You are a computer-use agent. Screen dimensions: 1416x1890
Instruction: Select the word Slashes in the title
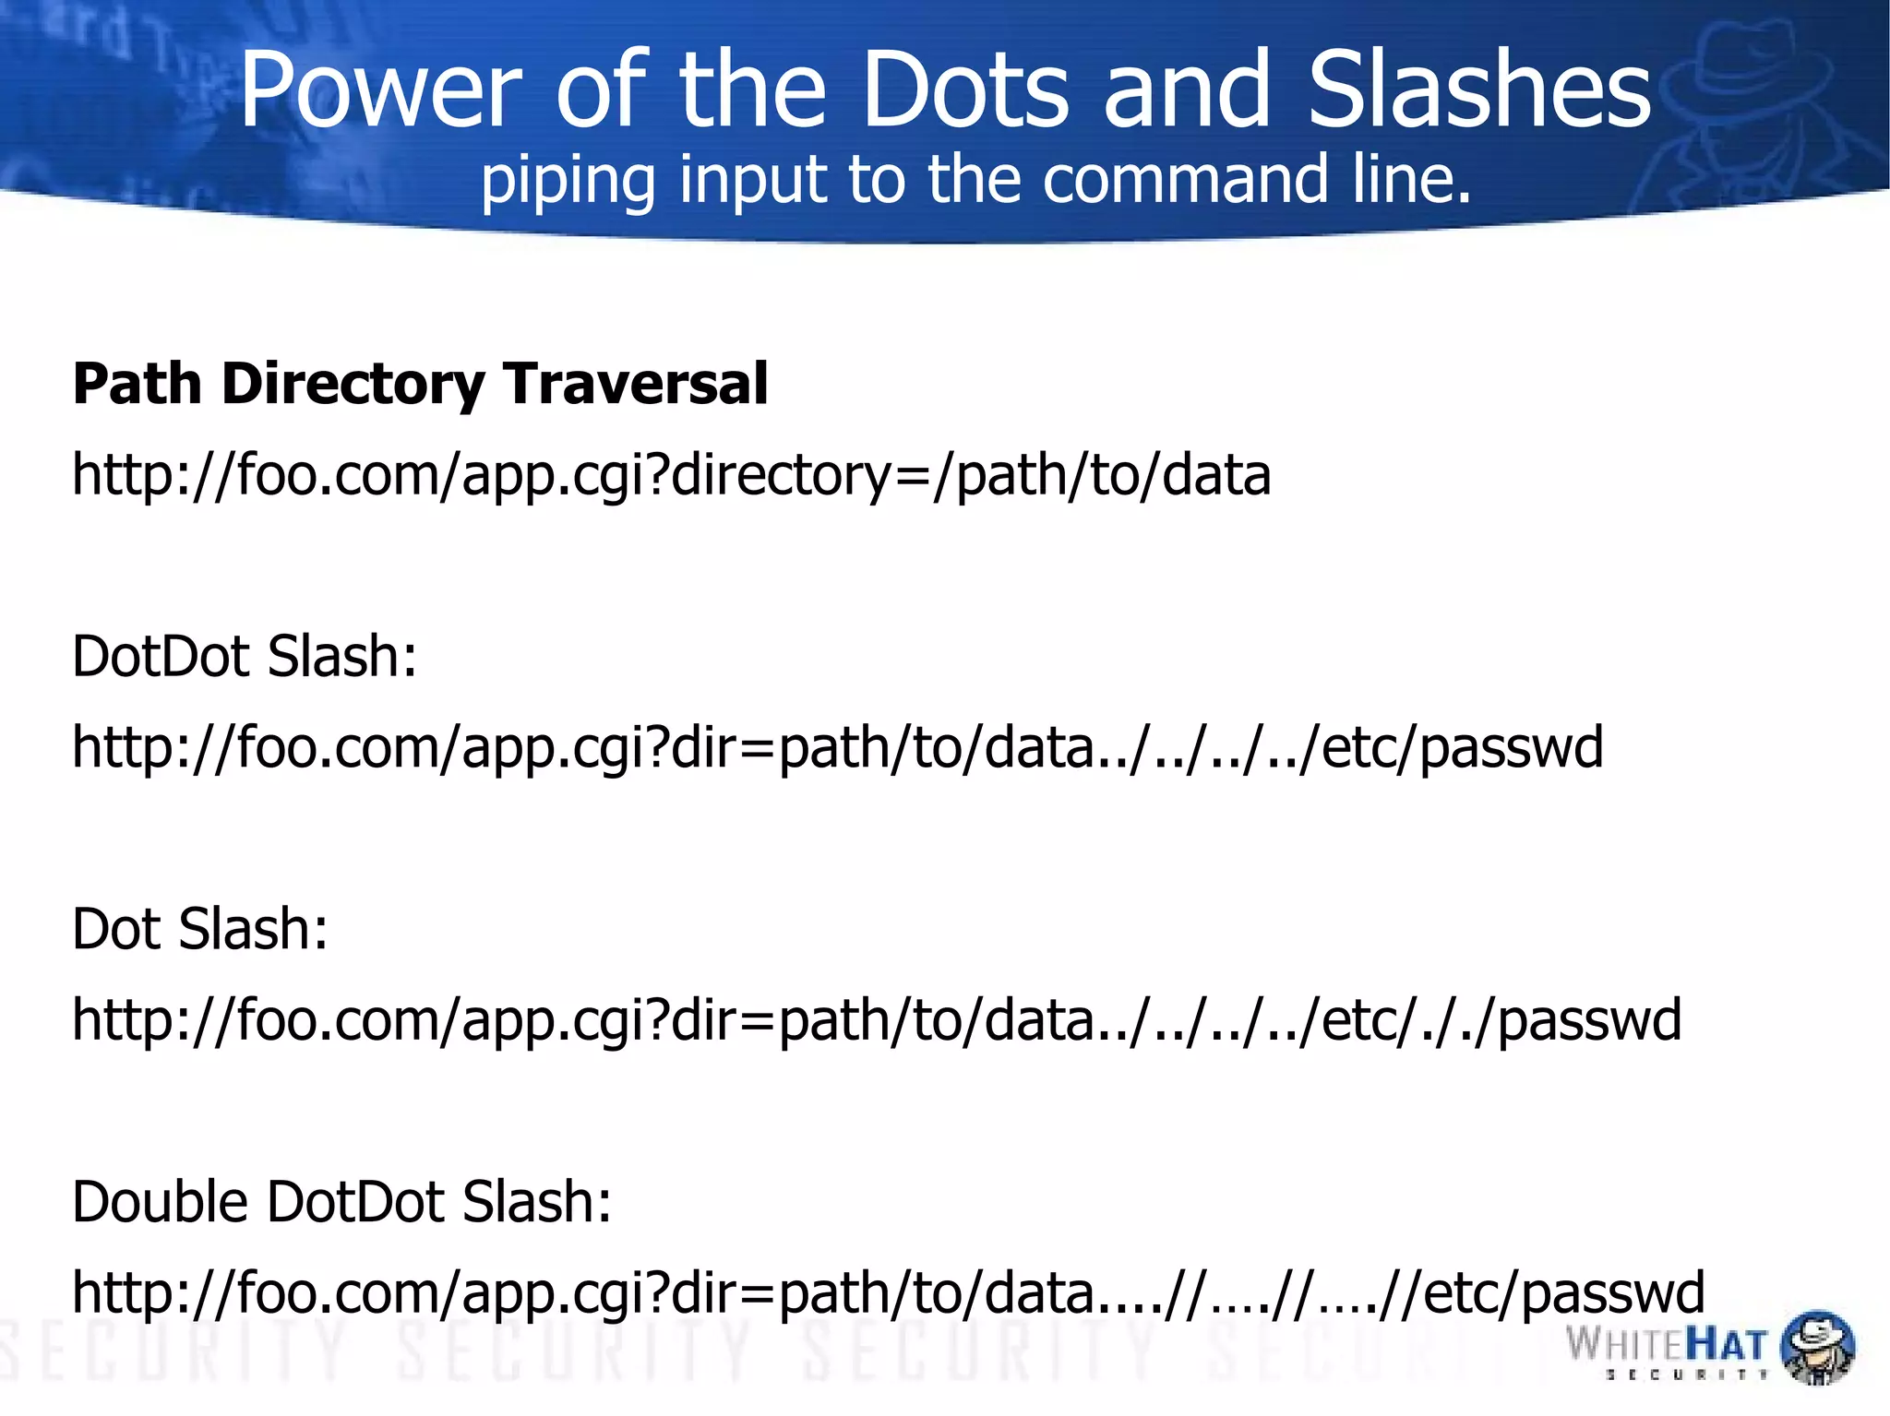(1478, 89)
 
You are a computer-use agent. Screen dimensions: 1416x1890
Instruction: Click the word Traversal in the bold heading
(636, 384)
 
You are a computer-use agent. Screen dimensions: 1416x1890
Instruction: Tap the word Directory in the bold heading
(353, 384)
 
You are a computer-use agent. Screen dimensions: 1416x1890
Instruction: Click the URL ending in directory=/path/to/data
(671, 476)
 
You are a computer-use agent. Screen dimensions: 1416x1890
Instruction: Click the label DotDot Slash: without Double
(245, 657)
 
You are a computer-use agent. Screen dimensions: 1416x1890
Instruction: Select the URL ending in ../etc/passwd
(837, 747)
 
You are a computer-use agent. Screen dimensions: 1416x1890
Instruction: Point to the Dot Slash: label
(200, 929)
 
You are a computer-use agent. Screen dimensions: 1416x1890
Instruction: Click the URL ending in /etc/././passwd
(877, 1020)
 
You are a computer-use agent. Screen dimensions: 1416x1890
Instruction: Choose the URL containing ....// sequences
(888, 1292)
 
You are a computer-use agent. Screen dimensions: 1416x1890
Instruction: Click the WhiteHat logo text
(1666, 1343)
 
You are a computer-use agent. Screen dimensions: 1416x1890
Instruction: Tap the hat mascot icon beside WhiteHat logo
(1816, 1347)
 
